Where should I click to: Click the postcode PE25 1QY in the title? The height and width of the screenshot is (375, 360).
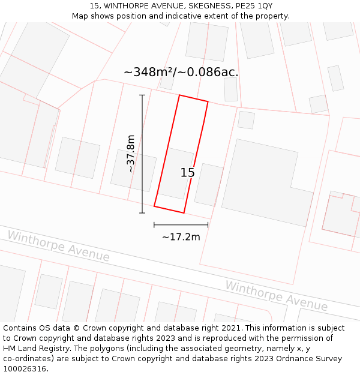pos(253,5)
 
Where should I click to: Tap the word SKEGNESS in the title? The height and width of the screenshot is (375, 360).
pos(202,5)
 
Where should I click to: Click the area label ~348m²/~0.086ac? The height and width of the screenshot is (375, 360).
pos(181,73)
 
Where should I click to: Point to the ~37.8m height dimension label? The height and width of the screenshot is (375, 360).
pos(130,154)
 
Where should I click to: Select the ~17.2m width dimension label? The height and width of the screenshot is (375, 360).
pos(181,237)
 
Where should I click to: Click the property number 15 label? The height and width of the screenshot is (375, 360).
pos(188,173)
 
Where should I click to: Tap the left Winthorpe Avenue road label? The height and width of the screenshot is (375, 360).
pos(59,247)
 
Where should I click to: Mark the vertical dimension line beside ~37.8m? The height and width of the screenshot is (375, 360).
pos(142,154)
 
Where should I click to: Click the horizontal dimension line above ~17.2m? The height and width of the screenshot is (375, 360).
pos(181,225)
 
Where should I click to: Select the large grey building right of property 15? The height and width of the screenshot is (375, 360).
pos(268,182)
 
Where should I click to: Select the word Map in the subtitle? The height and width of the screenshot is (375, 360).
pos(80,16)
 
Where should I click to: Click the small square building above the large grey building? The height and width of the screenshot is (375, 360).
pos(246,120)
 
